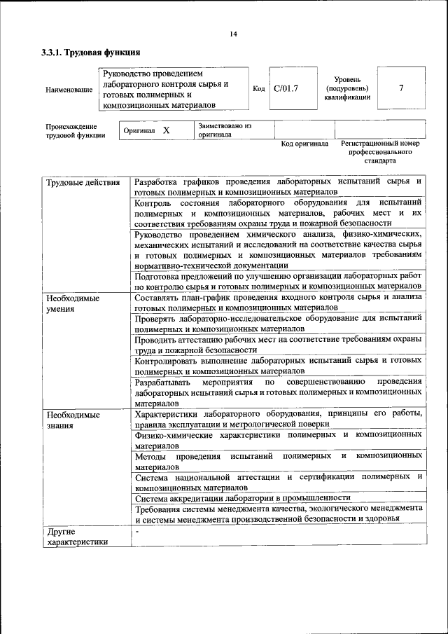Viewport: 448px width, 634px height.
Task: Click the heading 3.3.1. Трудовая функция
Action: (x=91, y=53)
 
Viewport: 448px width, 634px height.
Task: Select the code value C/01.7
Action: (x=286, y=88)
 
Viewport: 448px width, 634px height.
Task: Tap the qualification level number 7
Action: (x=400, y=88)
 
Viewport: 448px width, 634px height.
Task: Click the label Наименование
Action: (x=68, y=90)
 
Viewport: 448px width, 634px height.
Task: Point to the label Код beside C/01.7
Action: (x=258, y=89)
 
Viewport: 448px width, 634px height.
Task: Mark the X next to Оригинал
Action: (x=166, y=131)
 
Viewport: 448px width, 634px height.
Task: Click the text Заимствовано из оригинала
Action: (x=224, y=131)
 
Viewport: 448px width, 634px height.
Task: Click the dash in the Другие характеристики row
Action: (x=138, y=532)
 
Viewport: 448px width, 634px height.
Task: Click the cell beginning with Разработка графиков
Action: (x=278, y=186)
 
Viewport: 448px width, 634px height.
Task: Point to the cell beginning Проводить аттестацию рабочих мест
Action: (x=278, y=343)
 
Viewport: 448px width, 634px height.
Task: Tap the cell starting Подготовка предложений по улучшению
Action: (x=278, y=281)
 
